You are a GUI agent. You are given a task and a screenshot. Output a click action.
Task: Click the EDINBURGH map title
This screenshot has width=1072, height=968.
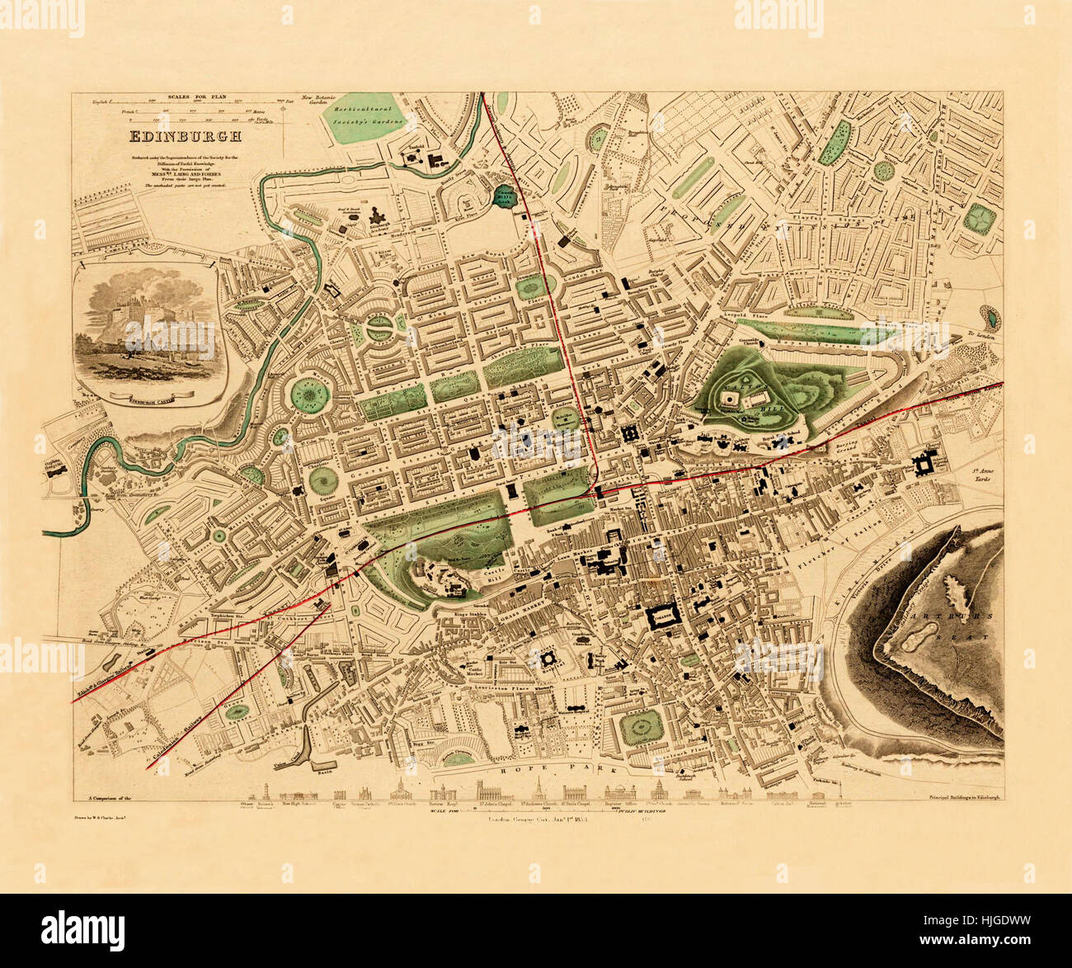pyautogui.click(x=182, y=137)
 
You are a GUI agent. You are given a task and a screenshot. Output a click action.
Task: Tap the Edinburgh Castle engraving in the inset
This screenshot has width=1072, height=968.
pyautogui.click(x=145, y=330)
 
